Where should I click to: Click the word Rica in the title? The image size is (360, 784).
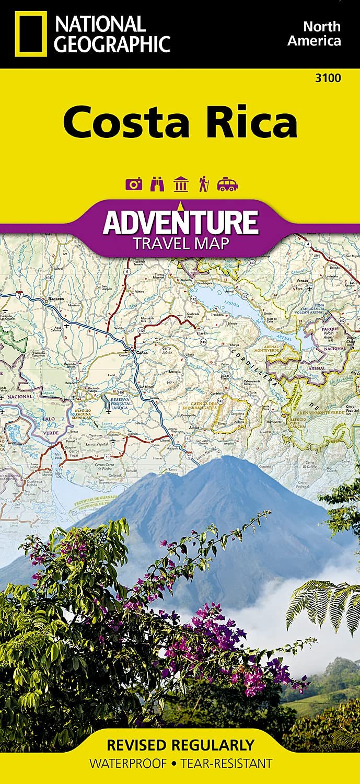point(245,122)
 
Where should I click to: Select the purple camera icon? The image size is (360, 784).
point(134,184)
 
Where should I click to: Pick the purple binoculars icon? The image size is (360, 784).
point(157,184)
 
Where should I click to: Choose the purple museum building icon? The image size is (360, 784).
point(180,184)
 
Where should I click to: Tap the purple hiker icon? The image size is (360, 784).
point(203,184)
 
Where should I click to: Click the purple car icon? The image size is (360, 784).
point(228,184)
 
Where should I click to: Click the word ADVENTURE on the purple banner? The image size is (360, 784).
point(180,222)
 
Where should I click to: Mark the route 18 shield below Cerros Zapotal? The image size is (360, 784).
point(107,456)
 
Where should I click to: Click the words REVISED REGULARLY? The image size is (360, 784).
point(180,744)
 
